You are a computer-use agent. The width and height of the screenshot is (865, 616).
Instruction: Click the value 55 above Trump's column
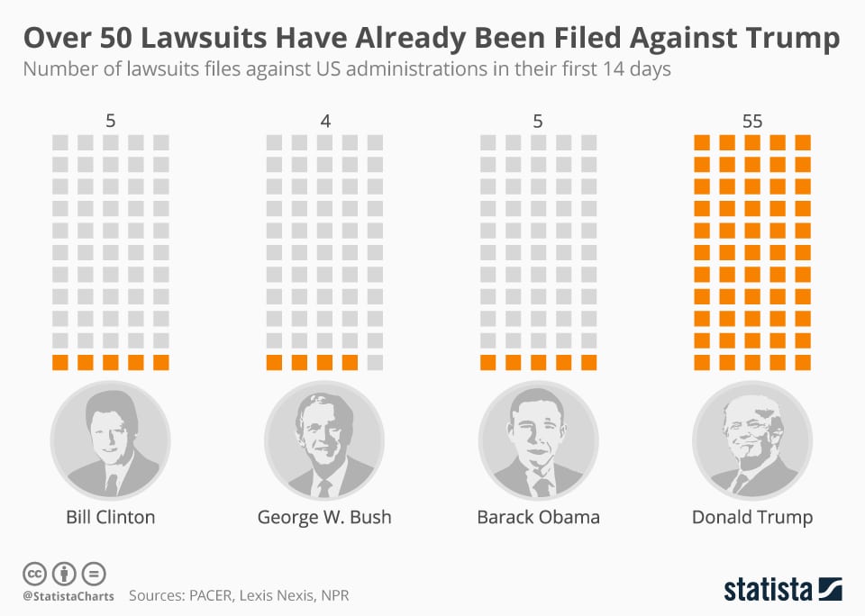click(752, 121)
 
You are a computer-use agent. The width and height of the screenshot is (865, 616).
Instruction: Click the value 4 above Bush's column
click(324, 121)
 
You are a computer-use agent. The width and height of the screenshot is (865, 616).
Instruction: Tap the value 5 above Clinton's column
click(111, 121)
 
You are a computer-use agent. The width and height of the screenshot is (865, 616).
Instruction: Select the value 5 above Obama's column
click(538, 121)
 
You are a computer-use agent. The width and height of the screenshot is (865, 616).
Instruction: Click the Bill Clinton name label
click(111, 517)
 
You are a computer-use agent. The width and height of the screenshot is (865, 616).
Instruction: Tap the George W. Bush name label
click(324, 517)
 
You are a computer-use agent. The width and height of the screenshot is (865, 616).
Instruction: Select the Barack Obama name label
click(538, 517)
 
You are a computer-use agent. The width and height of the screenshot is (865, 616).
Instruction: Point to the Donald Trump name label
click(752, 517)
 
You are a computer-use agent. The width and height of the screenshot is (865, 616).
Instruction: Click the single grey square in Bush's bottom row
click(375, 363)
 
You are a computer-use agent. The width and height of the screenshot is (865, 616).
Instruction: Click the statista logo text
click(767, 590)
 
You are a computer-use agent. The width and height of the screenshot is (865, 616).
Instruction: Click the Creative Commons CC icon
click(34, 573)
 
